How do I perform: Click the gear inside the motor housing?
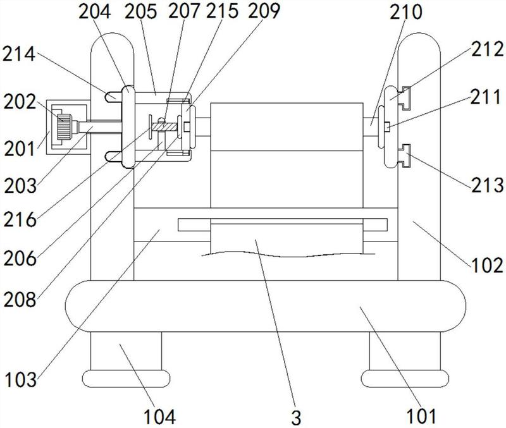(65, 127)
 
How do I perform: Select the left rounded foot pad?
(126, 378)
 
